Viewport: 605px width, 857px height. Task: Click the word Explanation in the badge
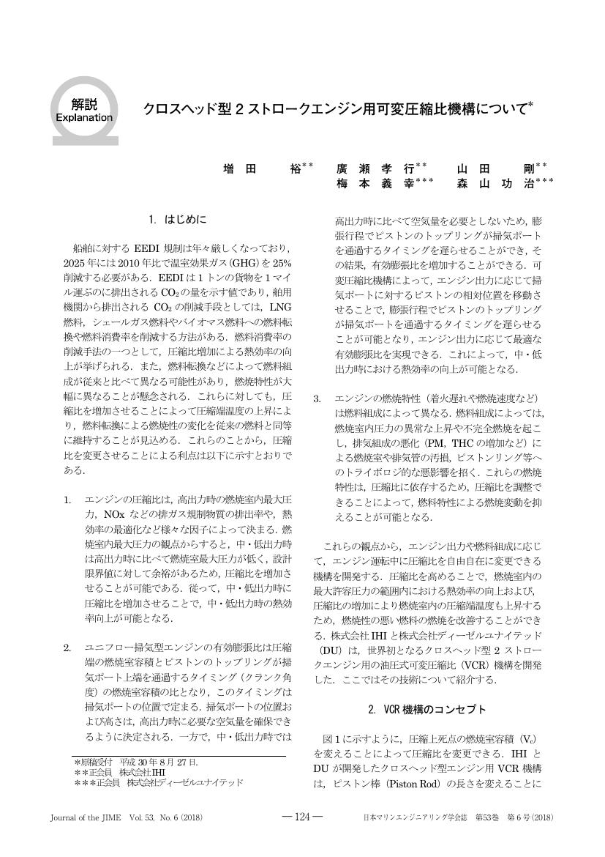coord(84,117)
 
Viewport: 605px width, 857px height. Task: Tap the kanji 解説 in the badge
coord(84,103)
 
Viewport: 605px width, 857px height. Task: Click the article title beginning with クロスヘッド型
coord(337,111)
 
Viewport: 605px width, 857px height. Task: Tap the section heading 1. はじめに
coord(178,218)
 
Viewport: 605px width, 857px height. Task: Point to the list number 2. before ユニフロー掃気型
coord(67,647)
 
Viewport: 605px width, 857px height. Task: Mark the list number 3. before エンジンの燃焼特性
coord(317,398)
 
